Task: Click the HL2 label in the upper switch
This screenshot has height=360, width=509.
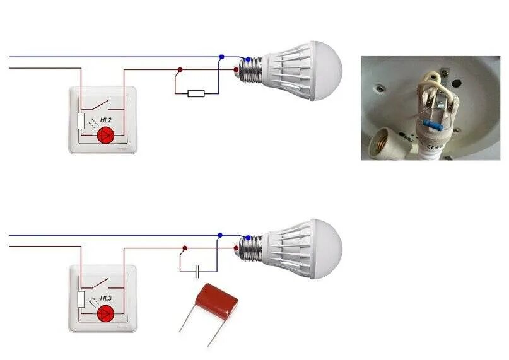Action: click(106, 119)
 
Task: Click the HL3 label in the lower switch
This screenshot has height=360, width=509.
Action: click(106, 298)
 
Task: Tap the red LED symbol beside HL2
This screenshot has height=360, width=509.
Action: click(106, 135)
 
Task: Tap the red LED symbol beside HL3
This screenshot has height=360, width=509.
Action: click(106, 313)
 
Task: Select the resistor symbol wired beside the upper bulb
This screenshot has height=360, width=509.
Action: click(196, 93)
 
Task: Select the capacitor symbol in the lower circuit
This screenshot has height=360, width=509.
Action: click(197, 272)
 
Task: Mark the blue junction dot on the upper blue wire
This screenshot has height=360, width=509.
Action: click(221, 57)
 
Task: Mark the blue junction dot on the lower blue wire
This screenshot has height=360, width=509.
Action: click(220, 236)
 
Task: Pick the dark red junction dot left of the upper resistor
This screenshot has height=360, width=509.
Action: click(180, 70)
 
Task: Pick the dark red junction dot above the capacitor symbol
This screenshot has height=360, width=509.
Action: click(184, 248)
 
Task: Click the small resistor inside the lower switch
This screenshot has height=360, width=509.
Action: click(81, 299)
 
